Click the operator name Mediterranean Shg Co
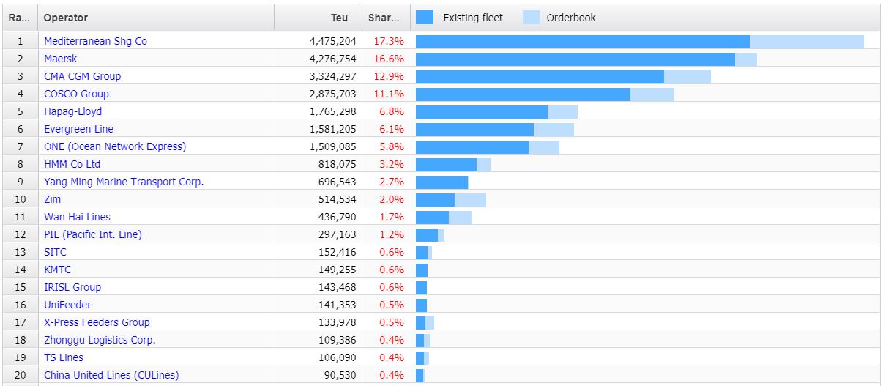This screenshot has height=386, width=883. click(95, 42)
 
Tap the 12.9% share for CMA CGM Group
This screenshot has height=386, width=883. click(388, 77)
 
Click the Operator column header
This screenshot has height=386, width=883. click(66, 18)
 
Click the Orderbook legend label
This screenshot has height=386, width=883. click(571, 18)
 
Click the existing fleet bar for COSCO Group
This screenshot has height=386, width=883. click(523, 94)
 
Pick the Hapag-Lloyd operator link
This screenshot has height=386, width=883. click(72, 112)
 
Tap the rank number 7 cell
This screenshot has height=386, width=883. click(21, 147)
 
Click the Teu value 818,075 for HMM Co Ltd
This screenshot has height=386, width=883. click(338, 165)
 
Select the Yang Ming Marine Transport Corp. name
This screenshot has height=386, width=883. click(124, 182)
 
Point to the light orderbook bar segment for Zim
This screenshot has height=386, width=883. click(470, 200)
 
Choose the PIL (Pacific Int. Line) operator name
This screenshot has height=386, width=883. click(93, 235)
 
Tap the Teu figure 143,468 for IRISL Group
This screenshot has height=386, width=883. click(338, 288)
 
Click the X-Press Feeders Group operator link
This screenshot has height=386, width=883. click(97, 323)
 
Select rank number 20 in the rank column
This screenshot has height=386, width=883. click(21, 376)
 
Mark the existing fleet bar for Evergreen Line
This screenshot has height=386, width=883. click(474, 130)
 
